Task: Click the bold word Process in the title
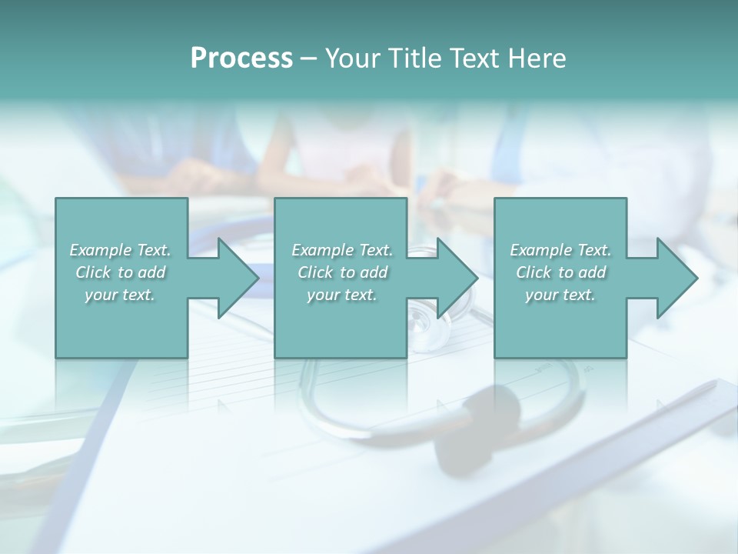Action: click(241, 58)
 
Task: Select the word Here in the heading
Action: click(537, 58)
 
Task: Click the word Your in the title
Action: click(354, 58)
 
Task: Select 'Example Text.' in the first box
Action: click(120, 250)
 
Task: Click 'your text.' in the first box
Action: click(120, 295)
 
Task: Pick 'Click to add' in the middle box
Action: click(342, 272)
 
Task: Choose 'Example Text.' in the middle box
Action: click(342, 250)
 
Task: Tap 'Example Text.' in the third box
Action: click(560, 250)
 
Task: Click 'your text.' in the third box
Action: click(560, 295)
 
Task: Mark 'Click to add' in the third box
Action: click(560, 272)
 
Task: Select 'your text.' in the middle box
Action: click(342, 295)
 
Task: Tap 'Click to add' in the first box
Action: click(120, 272)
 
